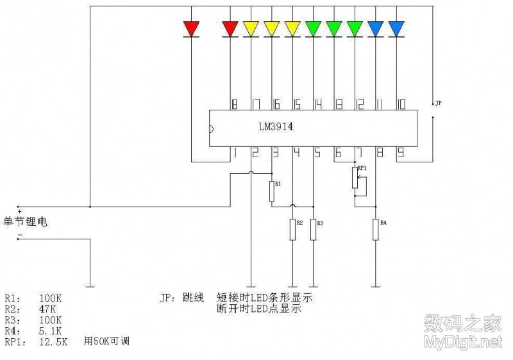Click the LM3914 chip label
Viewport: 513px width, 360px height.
pos(276,127)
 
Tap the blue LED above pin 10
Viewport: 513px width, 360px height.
pos(396,28)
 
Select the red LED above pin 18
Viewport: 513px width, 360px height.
pos(230,28)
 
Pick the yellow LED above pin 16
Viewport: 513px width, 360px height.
pos(272,28)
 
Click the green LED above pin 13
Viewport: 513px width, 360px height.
pos(334,28)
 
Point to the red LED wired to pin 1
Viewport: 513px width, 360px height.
pos(191,28)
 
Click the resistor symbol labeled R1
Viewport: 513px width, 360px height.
pos(272,191)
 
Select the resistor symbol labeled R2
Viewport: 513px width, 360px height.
pos(292,230)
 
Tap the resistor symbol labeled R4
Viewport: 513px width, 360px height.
pos(376,230)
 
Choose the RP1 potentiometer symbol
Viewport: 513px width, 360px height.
pos(355,178)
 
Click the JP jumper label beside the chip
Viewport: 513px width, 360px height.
pos(438,103)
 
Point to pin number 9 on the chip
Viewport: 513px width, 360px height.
pos(400,153)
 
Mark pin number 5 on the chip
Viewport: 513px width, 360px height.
pos(317,153)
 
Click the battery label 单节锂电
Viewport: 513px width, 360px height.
pos(26,222)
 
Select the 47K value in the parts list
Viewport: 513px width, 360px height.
pos(49,309)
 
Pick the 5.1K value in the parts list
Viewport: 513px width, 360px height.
pos(52,330)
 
